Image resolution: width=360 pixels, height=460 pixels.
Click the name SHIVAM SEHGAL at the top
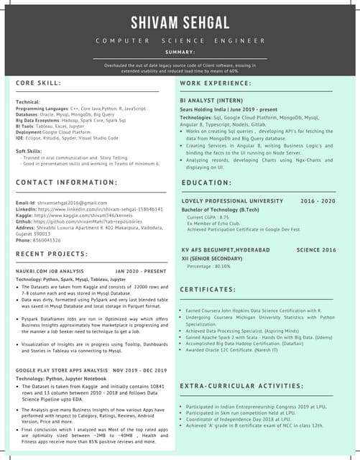(x=180, y=22)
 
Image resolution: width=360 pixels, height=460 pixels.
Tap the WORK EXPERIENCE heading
(x=216, y=83)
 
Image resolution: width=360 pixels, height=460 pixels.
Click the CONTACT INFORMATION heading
(x=68, y=183)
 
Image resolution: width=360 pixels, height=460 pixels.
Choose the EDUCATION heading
(x=206, y=183)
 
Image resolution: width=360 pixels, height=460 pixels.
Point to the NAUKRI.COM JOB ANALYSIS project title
(x=50, y=271)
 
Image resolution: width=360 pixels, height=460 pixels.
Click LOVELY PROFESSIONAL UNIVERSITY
(x=232, y=201)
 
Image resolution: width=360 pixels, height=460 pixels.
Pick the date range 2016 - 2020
(x=318, y=201)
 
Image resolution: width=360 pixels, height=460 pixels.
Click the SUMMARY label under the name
(x=180, y=52)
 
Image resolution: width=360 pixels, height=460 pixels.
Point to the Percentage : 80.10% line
(x=210, y=266)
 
